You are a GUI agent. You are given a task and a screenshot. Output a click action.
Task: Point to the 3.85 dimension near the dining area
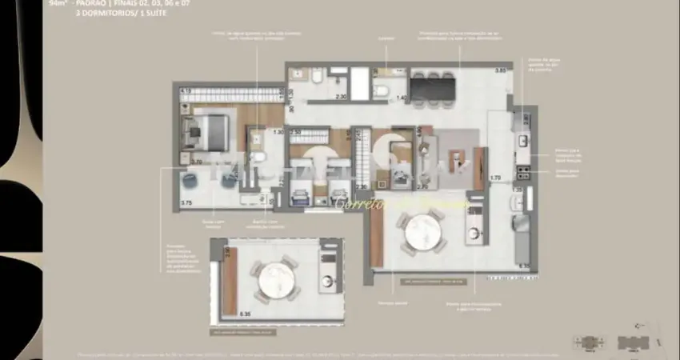click(500, 71)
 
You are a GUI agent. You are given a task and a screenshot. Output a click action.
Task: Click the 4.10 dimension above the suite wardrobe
click(185, 91)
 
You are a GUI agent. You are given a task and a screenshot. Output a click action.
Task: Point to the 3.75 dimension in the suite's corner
click(186, 203)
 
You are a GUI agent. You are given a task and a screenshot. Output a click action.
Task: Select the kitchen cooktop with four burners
click(523, 170)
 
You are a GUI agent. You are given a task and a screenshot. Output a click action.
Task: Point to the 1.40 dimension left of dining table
click(402, 98)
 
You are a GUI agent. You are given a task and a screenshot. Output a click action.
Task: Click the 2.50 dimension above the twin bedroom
click(295, 132)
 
